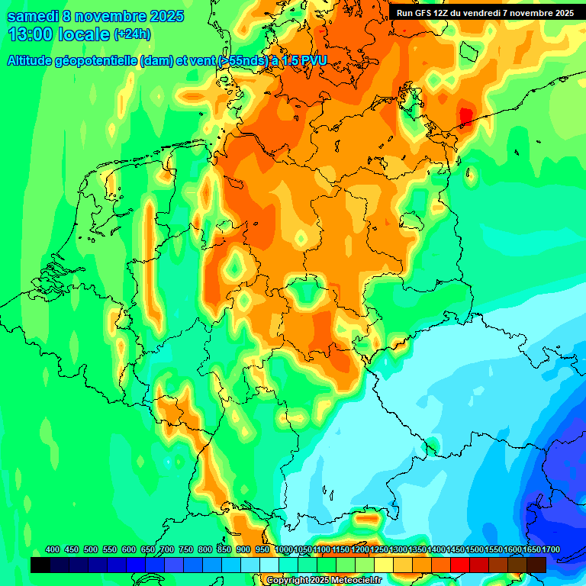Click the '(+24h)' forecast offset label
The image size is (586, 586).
tap(132, 34)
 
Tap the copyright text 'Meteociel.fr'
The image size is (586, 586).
tap(354, 581)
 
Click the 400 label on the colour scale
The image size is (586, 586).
tap(53, 550)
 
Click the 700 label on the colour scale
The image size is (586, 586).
tap(167, 550)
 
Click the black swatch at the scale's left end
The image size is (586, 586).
tap(40, 565)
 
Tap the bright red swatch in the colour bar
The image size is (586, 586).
tap(460, 565)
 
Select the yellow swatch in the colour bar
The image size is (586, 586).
tap(384, 565)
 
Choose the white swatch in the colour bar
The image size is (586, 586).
tap(269, 565)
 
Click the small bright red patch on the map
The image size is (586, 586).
tap(465, 115)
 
